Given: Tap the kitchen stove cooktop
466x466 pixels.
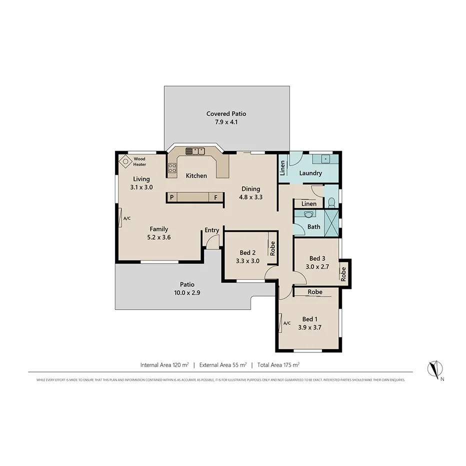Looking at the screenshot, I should (172, 168).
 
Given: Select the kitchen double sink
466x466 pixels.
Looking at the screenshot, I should (195, 151).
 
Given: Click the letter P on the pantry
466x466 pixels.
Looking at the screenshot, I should (171, 197).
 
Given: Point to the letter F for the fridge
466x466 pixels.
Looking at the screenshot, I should (216, 197).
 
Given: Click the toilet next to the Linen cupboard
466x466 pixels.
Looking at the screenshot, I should (331, 202).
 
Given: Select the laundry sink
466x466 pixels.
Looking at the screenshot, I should (325, 159).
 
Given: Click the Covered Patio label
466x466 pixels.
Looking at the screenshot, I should (226, 114).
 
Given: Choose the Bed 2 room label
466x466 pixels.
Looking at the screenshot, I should (247, 252).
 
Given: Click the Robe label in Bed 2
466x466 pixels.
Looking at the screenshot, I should (272, 248).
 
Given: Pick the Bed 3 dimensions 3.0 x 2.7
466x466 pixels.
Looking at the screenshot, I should (317, 266).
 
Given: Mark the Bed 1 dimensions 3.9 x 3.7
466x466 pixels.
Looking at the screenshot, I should (309, 328).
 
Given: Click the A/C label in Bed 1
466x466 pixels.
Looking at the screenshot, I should (287, 323).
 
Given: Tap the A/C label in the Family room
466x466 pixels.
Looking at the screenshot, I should (126, 218).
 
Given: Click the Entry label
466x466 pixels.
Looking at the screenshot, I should (212, 230).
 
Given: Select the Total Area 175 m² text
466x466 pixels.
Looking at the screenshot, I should (278, 365).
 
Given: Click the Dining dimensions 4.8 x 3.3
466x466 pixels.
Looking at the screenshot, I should (251, 197).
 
